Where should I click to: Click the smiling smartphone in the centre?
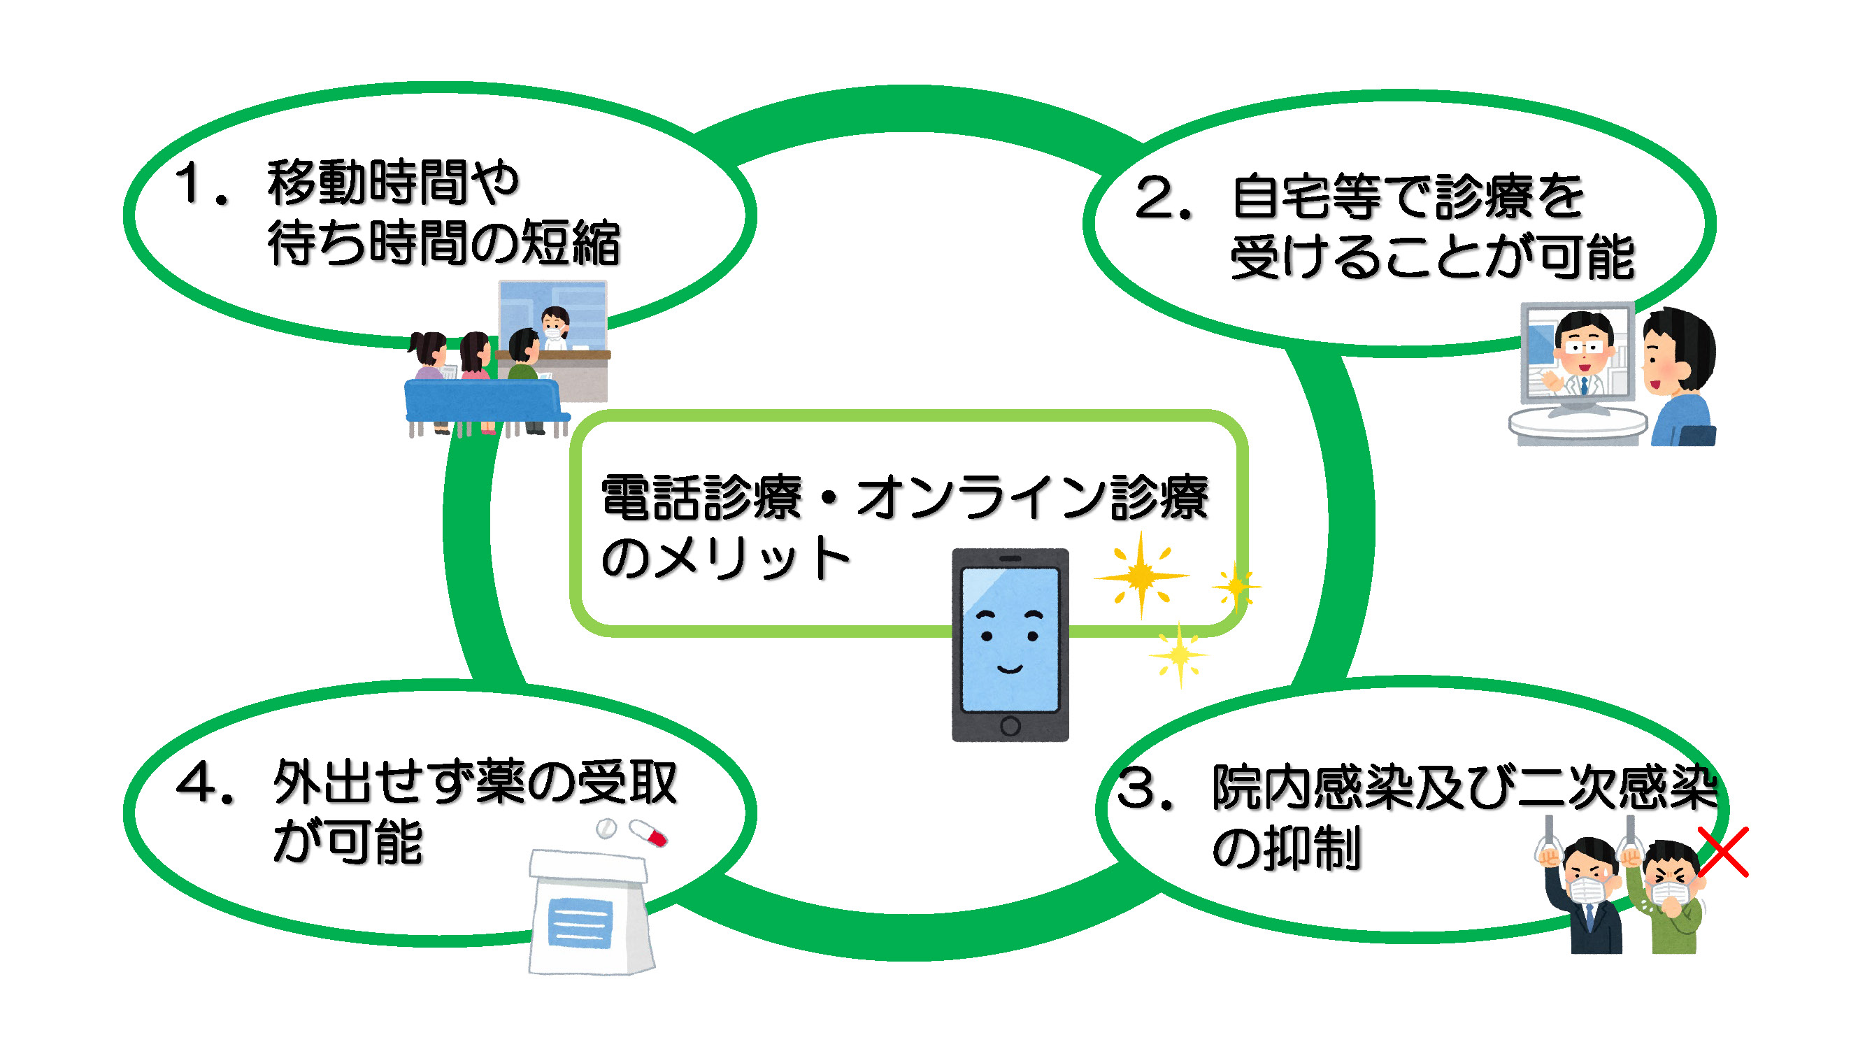[1010, 644]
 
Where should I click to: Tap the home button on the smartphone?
[1010, 725]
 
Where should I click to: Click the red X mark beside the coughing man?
[1723, 852]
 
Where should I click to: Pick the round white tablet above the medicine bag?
[606, 828]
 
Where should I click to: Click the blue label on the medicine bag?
[580, 922]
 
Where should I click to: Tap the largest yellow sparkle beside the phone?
[1141, 576]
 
